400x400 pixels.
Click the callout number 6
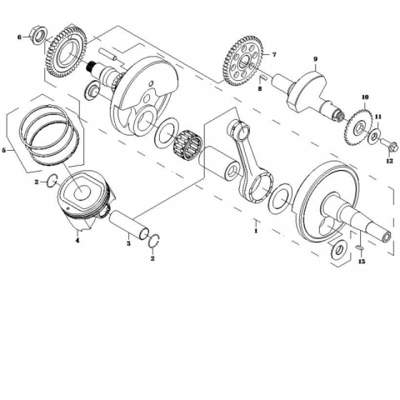pos(19,37)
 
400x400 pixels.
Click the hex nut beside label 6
pos(37,34)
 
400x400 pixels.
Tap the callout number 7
pos(274,55)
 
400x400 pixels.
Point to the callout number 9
pos(315,59)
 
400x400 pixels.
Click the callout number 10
pos(365,97)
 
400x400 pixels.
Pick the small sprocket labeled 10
pos(358,127)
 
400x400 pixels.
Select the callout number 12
pos(390,161)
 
